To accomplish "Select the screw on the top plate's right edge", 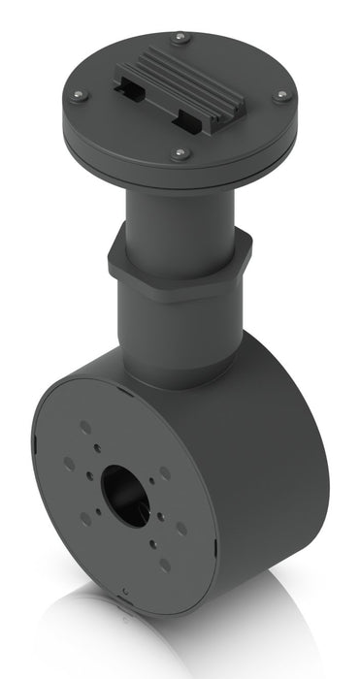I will (280, 95).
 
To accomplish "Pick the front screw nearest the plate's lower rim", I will (180, 152).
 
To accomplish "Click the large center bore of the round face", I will (125, 491).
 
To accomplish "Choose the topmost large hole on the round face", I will (85, 426).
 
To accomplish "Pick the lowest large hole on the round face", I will (165, 563).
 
